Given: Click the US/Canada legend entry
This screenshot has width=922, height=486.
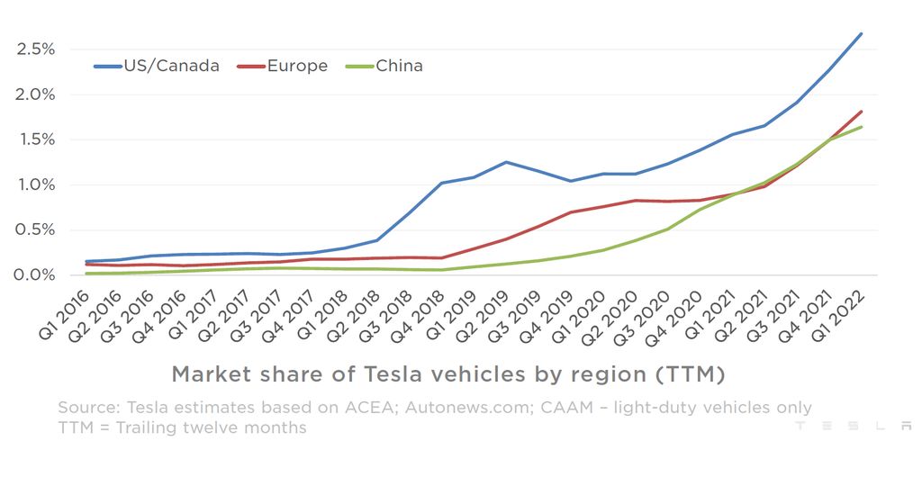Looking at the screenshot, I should (x=156, y=66).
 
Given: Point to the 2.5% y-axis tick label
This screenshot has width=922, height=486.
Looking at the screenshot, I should (x=36, y=49).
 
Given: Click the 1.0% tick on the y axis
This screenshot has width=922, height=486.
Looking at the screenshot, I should (x=36, y=184).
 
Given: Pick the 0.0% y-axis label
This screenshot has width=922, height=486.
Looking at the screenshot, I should (x=36, y=274).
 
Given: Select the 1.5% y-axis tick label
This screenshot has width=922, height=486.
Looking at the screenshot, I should (x=36, y=139).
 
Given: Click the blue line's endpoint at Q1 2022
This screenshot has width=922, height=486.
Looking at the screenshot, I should (x=862, y=34).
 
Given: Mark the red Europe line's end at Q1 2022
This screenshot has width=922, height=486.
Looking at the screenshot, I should (x=862, y=112).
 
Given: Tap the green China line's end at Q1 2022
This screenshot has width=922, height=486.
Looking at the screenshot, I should (x=862, y=127).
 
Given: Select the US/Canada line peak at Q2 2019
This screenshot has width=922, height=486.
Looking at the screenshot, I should (x=506, y=162).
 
